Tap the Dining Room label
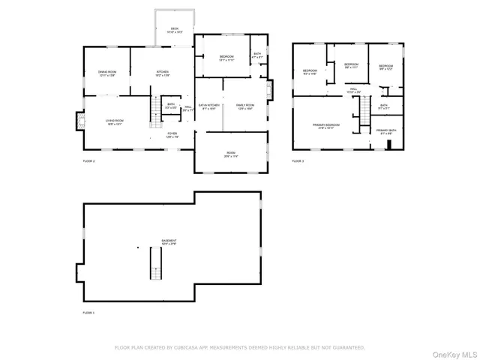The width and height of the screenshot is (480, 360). (x=106, y=73)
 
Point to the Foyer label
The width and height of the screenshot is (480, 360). (x=172, y=134)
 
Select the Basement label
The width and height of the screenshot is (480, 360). (x=169, y=241)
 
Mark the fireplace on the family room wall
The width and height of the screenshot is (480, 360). (x=271, y=90)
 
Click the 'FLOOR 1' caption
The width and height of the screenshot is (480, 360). (x=88, y=311)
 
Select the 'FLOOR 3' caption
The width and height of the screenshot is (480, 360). (x=298, y=160)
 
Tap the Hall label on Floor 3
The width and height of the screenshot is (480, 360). (x=353, y=89)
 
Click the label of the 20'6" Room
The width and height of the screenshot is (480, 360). (x=231, y=154)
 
